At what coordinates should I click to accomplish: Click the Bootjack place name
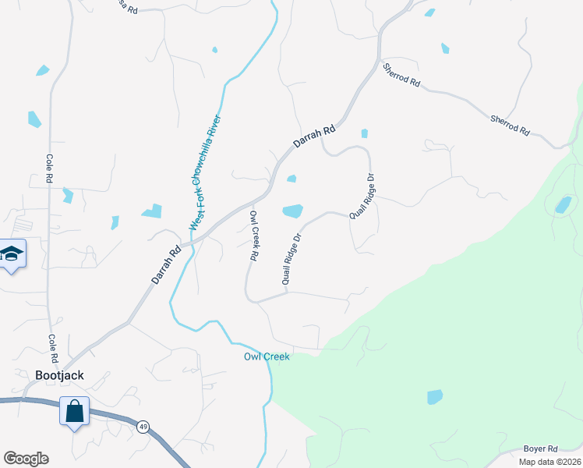click(59, 375)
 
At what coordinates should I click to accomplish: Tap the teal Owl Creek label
click(267, 356)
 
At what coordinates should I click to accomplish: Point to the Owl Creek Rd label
click(254, 235)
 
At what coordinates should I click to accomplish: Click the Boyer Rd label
click(540, 449)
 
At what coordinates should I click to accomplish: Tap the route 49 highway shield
click(143, 427)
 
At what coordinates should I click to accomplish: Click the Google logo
click(26, 459)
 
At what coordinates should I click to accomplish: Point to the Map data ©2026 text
click(549, 462)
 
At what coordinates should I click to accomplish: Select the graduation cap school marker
click(12, 253)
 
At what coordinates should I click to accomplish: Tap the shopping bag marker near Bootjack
click(75, 411)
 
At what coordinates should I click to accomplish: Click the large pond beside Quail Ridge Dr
click(292, 211)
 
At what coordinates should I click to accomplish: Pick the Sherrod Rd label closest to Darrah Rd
click(401, 76)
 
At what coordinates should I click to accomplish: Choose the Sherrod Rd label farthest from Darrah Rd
click(510, 125)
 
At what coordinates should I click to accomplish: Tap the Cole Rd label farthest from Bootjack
click(49, 168)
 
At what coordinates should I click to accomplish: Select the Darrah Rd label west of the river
click(166, 264)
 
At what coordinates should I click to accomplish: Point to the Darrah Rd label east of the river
click(314, 136)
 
